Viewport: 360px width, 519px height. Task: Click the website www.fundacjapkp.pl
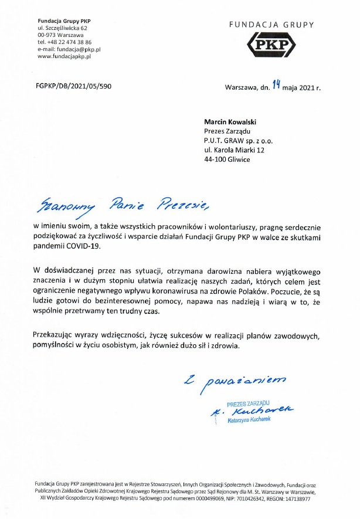coord(64,56)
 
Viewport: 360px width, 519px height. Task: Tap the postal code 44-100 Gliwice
coord(227,160)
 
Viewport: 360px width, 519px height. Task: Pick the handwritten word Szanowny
coord(63,206)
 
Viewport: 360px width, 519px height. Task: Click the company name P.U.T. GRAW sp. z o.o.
coord(239,141)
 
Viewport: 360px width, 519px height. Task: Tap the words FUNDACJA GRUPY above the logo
coord(271,25)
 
